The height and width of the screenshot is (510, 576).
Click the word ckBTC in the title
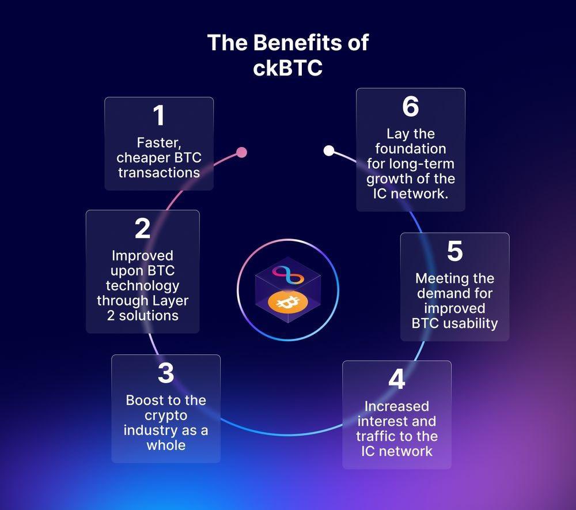pyautogui.click(x=288, y=68)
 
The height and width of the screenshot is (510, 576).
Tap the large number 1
pyautogui.click(x=159, y=115)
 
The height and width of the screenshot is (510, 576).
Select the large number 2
pyautogui.click(x=143, y=229)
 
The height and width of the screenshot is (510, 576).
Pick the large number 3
pyautogui.click(x=166, y=373)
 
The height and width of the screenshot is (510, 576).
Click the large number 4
pyautogui.click(x=396, y=380)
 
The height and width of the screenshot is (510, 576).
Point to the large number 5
pyautogui.click(x=454, y=251)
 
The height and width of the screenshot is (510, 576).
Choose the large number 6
pyautogui.click(x=411, y=107)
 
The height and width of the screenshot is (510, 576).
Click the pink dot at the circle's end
pyautogui.click(x=242, y=152)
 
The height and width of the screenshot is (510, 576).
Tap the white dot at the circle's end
pyautogui.click(x=329, y=151)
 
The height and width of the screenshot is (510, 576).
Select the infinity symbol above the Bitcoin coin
pyautogui.click(x=287, y=275)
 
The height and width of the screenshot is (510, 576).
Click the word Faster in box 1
pyautogui.click(x=159, y=142)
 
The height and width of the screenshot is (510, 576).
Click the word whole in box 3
pyautogui.click(x=166, y=445)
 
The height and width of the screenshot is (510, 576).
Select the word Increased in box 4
pyautogui.click(x=396, y=406)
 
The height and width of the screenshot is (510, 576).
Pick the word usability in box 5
pyautogui.click(x=470, y=323)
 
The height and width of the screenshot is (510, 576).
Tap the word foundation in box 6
pyautogui.click(x=410, y=149)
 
